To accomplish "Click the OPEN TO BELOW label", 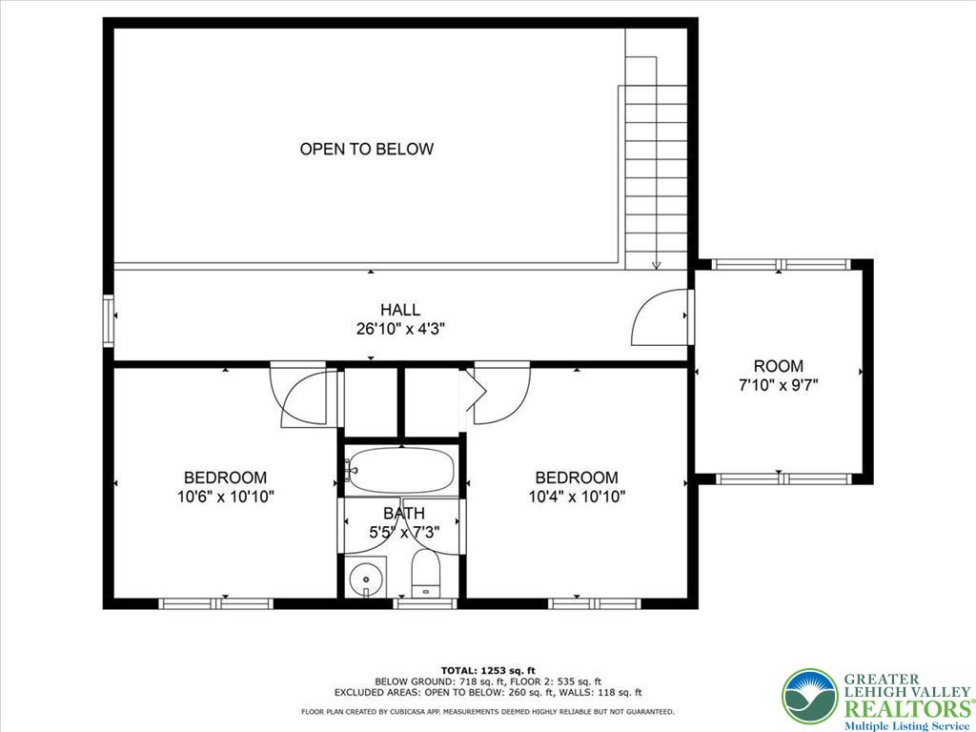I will [367, 149].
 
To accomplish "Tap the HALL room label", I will [400, 310].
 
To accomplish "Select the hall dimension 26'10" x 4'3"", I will [400, 329].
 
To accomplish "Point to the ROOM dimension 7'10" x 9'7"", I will [779, 385].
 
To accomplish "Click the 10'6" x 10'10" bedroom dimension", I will [225, 496].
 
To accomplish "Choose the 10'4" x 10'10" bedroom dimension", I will [577, 496].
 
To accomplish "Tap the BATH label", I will [404, 514].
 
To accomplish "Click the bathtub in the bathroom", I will [400, 470].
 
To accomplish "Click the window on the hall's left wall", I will [110, 321].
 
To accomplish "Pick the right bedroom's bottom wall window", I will [595, 603].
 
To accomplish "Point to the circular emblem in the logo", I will [809, 696].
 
